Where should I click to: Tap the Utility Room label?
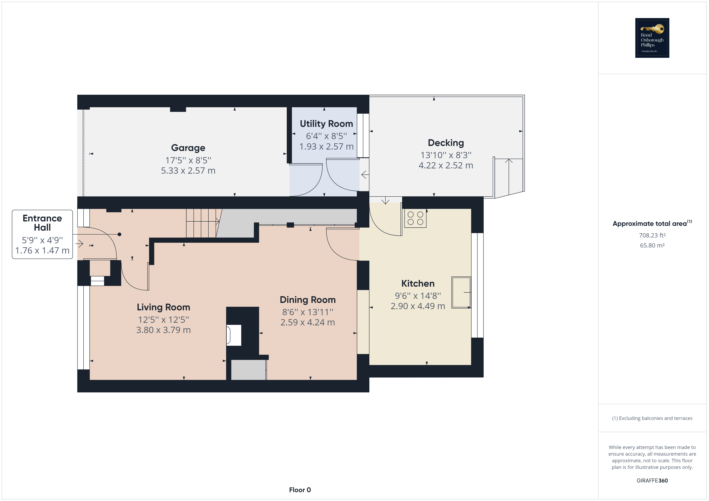[326, 124]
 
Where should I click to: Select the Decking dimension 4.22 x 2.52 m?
[446, 165]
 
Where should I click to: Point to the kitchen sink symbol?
[461, 292]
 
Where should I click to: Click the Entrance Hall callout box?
[42, 234]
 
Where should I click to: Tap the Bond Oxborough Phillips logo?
[652, 38]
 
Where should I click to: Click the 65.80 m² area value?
[652, 245]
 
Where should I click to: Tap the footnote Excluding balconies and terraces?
[652, 418]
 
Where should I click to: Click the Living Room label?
[163, 307]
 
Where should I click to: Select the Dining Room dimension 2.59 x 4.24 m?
[307, 322]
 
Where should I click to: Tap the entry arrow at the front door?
[79, 244]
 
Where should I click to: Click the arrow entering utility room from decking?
[365, 175]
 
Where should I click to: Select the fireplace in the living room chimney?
[234, 335]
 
